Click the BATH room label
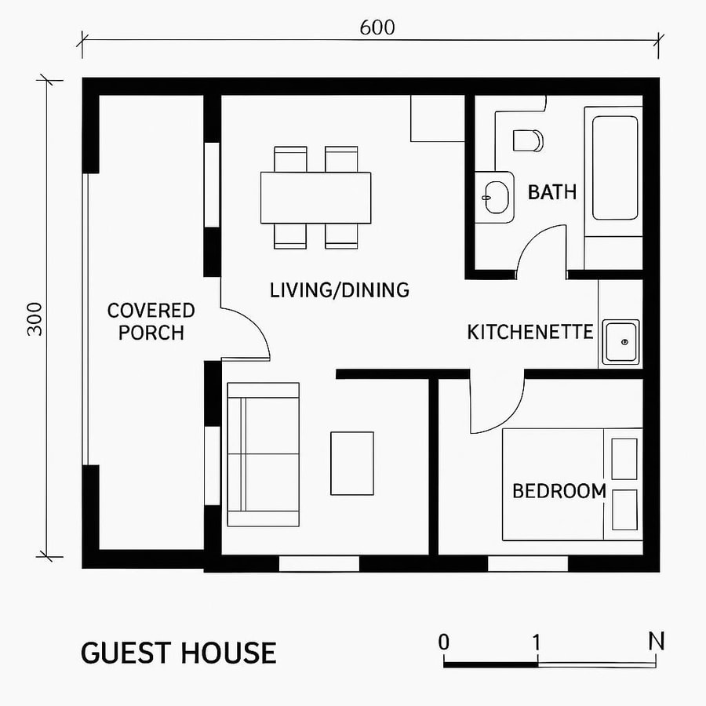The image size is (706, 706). point(551,192)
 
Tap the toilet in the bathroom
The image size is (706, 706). point(528,140)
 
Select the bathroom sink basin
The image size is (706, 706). point(495,195)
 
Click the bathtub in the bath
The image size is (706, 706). point(614,168)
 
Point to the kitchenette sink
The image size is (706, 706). point(620,343)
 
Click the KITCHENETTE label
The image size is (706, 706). point(529,333)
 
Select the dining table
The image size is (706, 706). point(315,197)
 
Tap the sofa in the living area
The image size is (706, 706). point(263,454)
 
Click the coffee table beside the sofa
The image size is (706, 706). point(351,463)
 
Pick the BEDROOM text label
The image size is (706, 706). point(559,492)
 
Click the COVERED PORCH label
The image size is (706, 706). point(151,322)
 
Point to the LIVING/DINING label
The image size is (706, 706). point(339,290)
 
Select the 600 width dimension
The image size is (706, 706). point(377,27)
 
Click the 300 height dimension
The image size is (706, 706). point(35,318)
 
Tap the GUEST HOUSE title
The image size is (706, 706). point(178,653)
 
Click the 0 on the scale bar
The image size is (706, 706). point(444,642)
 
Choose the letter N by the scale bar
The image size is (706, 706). point(657,641)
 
